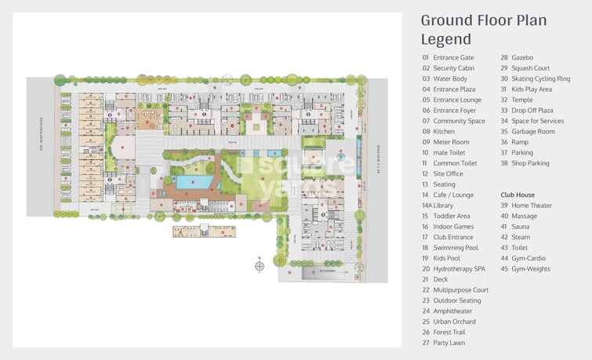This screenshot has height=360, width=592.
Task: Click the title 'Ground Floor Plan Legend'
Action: [484, 30]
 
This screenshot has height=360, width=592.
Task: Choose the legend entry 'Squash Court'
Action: [531, 68]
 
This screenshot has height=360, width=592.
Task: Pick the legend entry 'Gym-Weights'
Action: [531, 269]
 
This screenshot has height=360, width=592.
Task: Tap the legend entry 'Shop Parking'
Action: [530, 163]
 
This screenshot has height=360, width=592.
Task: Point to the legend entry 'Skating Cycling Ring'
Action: [541, 78]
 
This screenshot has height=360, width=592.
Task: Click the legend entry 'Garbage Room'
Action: [532, 132]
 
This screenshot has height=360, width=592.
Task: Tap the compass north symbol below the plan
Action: [260, 266]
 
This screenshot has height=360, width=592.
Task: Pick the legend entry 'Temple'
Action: [522, 100]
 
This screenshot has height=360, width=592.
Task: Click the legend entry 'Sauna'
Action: [521, 227]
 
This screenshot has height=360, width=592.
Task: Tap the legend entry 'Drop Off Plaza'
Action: [532, 111]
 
